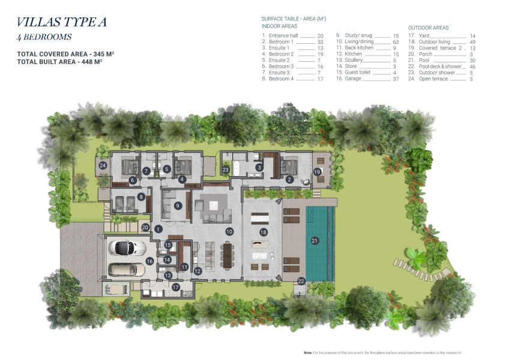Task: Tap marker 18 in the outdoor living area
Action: pos(263,232)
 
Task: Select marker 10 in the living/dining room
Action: pos(229,231)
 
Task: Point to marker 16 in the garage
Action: pos(149,261)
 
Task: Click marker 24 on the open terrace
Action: pos(103,165)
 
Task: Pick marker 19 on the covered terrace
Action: pos(317,172)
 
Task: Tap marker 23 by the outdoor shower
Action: pos(226,170)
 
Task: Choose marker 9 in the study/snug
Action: pos(178,206)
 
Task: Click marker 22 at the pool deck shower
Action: pos(301,281)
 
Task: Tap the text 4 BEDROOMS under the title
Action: pos(44,37)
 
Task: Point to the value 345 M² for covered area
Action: pos(103,54)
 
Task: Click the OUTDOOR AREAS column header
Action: pos(428,28)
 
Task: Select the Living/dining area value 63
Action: pos(396,42)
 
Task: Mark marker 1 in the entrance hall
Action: pos(158,229)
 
